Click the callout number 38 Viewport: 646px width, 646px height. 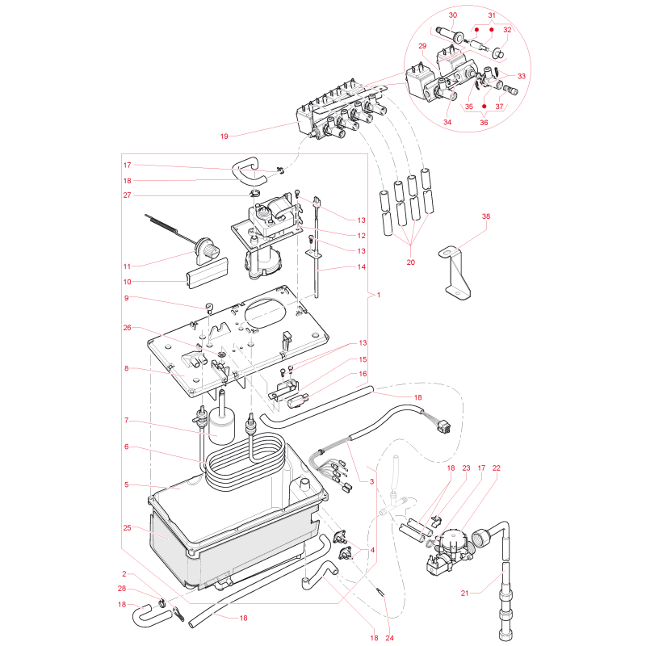(486, 216)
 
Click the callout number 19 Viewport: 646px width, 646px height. (224, 136)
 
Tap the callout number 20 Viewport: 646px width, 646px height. (411, 262)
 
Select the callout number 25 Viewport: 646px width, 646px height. (127, 528)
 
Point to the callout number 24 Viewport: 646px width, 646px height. (390, 638)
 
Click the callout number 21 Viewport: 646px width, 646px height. (465, 594)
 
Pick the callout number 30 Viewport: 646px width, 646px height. (453, 15)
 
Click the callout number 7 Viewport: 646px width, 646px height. (127, 420)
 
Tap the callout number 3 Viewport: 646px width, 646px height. (371, 481)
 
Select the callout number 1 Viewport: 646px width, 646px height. (379, 295)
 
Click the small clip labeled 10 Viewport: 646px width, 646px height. (208, 273)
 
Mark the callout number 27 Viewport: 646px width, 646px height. (127, 195)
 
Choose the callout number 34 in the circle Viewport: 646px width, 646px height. (447, 123)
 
